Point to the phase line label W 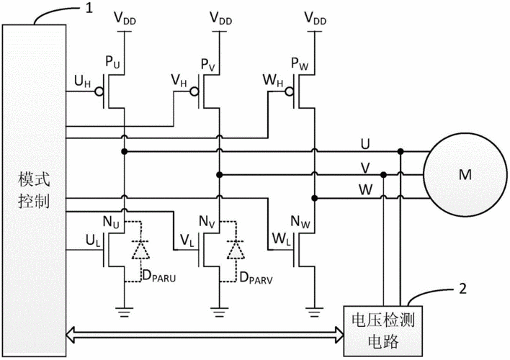(x=367, y=189)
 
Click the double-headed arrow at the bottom (x=205, y=332)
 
